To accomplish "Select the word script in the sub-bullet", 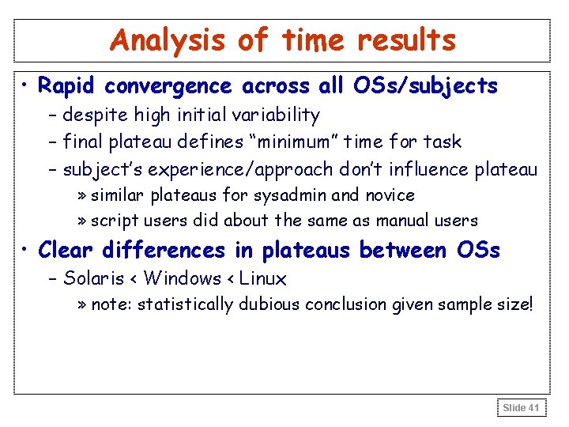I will coord(113,221).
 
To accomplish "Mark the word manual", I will coord(409,221).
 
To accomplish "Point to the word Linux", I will coord(263,278).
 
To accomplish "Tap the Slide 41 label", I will coord(521,407).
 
